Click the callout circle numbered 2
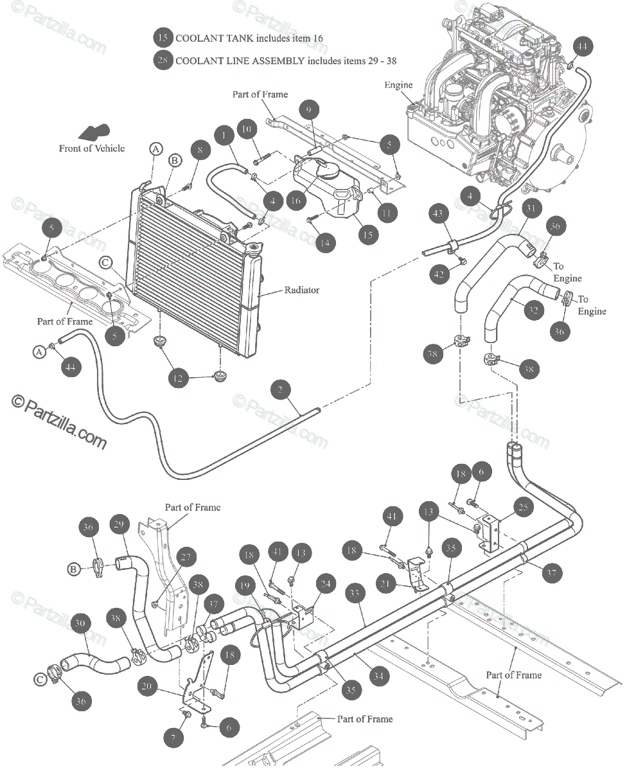pos(280,389)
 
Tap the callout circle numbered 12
pos(179,378)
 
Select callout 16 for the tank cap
pos(295,200)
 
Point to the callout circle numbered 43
pos(439,213)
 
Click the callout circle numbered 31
pos(531,208)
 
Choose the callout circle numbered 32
pos(531,311)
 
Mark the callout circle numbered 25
pos(524,508)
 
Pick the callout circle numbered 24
pos(326,584)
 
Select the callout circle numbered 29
pos(119,524)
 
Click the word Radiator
pos(301,290)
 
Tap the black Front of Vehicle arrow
pos(92,132)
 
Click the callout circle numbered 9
pos(308,111)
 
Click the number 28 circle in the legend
pos(163,60)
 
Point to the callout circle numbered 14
pos(326,243)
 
